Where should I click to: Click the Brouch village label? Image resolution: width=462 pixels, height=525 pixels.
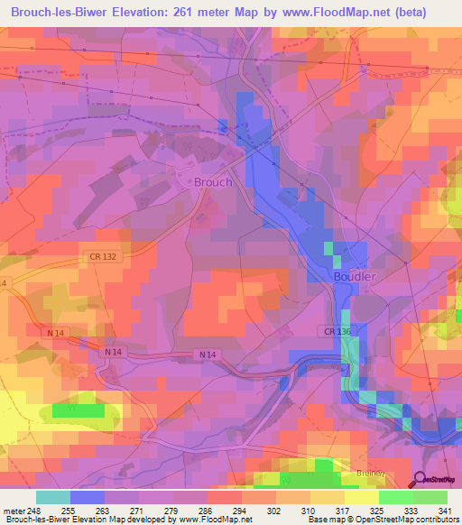[213, 181]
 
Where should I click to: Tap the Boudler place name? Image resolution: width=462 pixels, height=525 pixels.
[354, 276]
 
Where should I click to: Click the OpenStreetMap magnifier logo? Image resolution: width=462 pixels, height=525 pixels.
[420, 481]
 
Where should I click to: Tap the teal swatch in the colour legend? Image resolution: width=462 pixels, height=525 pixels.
[53, 497]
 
